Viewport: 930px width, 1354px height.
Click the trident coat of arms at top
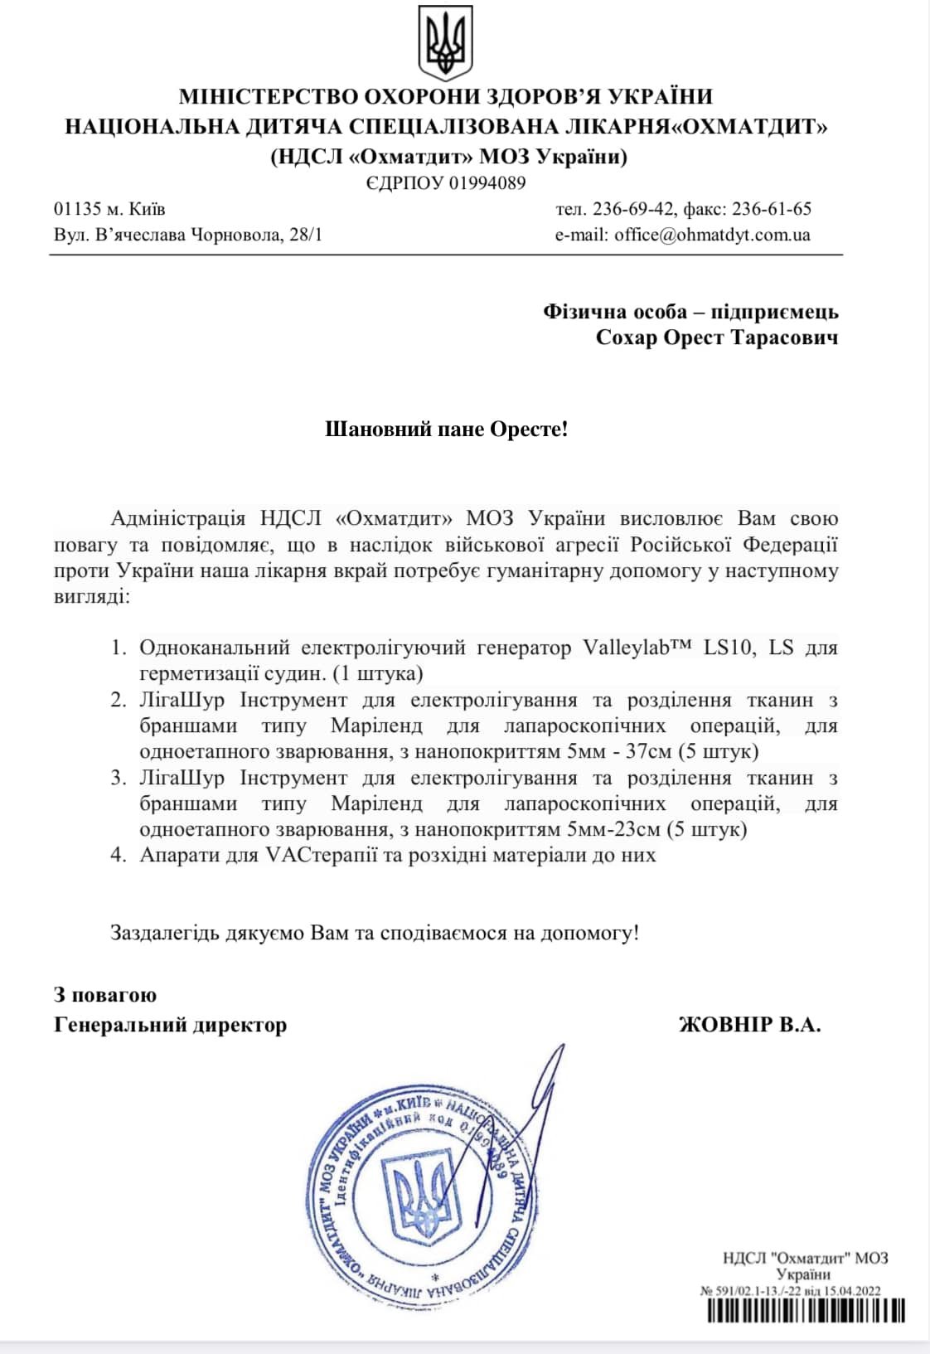(x=445, y=42)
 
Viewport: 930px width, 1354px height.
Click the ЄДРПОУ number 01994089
(x=487, y=183)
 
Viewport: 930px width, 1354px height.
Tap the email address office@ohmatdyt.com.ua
(x=712, y=235)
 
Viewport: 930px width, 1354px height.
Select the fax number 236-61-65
(x=772, y=209)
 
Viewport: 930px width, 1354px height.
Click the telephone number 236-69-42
(x=634, y=209)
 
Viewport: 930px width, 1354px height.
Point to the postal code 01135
(x=77, y=209)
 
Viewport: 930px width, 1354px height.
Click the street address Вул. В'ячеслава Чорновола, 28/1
(x=188, y=235)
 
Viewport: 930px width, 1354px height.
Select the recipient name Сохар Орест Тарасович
(x=716, y=337)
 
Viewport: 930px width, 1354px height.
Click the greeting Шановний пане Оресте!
(x=446, y=429)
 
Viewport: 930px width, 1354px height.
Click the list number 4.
(x=119, y=855)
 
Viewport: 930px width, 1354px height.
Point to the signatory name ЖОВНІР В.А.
(x=749, y=1025)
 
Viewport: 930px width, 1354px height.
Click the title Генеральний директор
(x=170, y=1025)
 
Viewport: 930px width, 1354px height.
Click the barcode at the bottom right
(x=805, y=1311)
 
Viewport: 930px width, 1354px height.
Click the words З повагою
(x=105, y=995)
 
